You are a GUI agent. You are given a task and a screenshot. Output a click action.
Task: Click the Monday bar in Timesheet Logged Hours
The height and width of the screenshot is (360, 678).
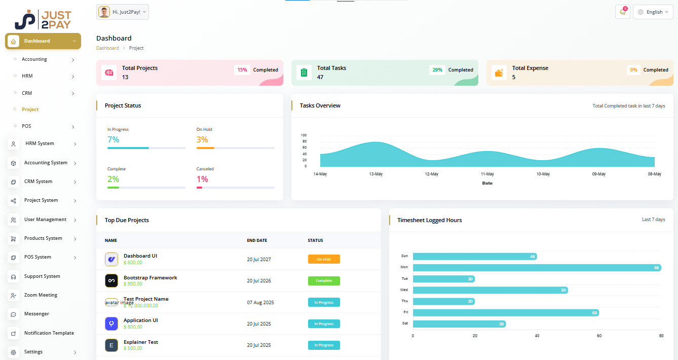[x=536, y=267]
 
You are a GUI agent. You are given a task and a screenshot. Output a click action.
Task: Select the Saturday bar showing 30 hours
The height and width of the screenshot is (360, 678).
[x=459, y=323]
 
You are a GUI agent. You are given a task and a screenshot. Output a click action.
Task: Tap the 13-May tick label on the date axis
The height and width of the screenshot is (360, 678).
[x=375, y=174]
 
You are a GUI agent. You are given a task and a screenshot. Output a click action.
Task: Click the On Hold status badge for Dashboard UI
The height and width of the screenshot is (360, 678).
[x=324, y=259]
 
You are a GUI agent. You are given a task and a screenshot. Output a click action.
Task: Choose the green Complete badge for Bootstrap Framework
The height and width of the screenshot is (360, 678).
[x=324, y=281]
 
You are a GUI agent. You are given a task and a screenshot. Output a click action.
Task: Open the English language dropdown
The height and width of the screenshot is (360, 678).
[x=653, y=12]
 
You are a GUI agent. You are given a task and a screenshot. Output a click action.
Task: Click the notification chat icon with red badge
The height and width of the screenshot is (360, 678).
[x=622, y=12]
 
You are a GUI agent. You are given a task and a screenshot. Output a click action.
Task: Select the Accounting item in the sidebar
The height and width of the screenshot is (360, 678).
[x=34, y=59]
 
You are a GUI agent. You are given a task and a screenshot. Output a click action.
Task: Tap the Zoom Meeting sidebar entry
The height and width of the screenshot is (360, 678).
[x=41, y=295]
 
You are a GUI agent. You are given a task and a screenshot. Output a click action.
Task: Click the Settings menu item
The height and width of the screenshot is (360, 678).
[x=33, y=352]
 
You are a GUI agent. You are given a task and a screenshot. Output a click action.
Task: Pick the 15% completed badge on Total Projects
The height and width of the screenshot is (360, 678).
[x=242, y=70]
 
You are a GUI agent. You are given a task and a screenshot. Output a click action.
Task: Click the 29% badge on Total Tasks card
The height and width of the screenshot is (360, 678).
[x=437, y=70]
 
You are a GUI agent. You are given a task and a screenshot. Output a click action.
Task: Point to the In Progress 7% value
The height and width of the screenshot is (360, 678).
[x=113, y=139]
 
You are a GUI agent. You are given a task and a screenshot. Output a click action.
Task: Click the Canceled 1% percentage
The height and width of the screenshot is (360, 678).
[x=202, y=179]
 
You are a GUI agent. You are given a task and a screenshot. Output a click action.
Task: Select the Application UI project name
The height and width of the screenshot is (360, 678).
[x=140, y=320]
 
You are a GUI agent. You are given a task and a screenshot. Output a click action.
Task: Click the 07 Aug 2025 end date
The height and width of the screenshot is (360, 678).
[x=260, y=303]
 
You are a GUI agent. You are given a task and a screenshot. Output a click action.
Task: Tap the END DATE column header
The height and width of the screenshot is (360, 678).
[x=257, y=240]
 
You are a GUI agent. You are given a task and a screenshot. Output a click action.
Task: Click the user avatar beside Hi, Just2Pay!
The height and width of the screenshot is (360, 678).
[x=104, y=12]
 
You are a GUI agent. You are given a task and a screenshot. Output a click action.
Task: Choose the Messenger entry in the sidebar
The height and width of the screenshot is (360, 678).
[x=36, y=314]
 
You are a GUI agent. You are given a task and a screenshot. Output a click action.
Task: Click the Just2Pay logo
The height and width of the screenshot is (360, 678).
[x=43, y=19]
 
